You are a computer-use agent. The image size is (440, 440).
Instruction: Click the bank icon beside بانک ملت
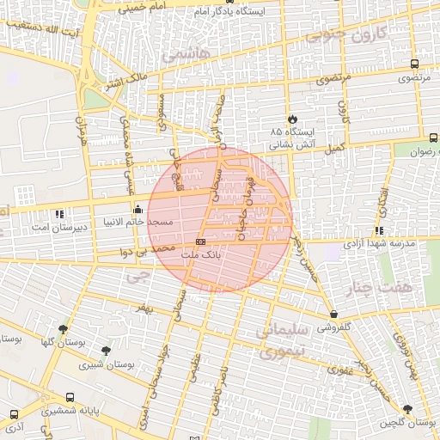click(201, 242)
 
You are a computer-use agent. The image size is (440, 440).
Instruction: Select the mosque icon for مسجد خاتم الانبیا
click(137, 209)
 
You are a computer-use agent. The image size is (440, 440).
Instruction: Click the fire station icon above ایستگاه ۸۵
click(293, 119)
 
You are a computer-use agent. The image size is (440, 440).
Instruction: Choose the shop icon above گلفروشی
click(333, 315)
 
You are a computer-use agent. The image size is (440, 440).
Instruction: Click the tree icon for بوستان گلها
click(63, 329)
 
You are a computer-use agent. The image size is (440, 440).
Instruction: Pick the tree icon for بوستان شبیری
click(106, 351)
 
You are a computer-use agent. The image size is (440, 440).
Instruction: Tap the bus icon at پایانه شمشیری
click(70, 398)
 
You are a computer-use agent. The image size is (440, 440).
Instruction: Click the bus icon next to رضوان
click(432, 137)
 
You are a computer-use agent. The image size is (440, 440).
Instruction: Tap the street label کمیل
click(335, 148)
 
